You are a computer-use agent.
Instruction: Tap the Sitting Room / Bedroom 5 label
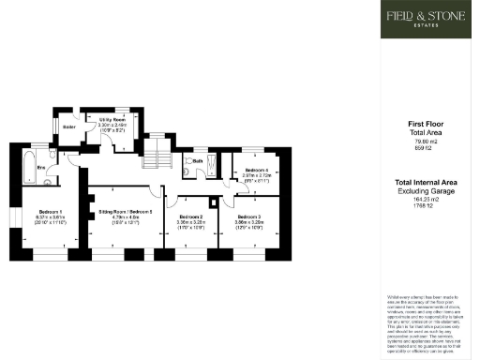(x=126, y=212)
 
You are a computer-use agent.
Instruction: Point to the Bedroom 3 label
(x=249, y=215)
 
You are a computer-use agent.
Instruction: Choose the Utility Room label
(x=112, y=119)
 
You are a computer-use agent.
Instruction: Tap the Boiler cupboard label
(x=68, y=126)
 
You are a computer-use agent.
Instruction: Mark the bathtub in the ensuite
(x=28, y=162)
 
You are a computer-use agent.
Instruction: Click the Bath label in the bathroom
(x=199, y=160)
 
